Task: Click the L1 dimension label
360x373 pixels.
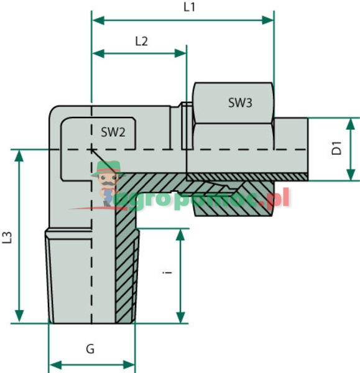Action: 189,7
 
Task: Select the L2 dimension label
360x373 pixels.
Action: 142,42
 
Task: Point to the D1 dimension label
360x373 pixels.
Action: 336,149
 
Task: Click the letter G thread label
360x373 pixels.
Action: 90,349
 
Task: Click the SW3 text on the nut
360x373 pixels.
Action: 240,103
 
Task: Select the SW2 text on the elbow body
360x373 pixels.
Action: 113,131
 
